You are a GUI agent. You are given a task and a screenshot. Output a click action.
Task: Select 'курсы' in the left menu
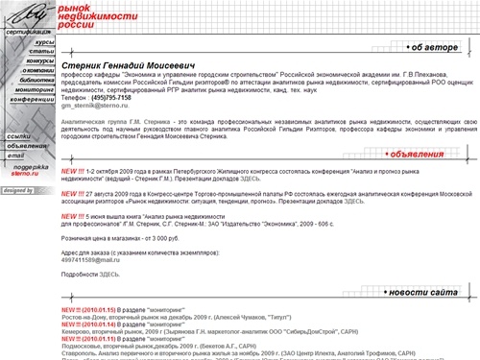pos(44,43)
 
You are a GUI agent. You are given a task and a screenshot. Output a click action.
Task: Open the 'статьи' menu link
pos(42,52)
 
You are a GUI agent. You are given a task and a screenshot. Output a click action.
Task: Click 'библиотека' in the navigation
pos(36,80)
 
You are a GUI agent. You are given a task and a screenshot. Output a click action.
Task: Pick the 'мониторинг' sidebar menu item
pos(36,89)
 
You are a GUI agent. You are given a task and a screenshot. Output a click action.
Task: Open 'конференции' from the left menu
pos(34,99)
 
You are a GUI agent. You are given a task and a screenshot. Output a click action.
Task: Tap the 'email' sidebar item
pos(15,155)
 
